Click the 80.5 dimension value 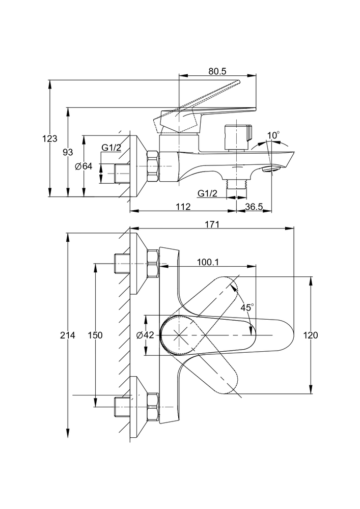(x=217, y=72)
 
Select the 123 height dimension (x=50, y=138)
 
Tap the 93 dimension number (x=67, y=152)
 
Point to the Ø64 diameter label (x=83, y=166)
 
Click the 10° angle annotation (x=273, y=135)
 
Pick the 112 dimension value (x=183, y=206)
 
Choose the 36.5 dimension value (x=254, y=206)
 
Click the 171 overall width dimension (x=212, y=224)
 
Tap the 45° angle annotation (x=247, y=308)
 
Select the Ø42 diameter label (x=146, y=335)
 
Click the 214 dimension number (x=67, y=335)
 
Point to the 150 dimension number (x=95, y=335)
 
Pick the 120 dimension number (x=311, y=335)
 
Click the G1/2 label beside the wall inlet (x=111, y=148)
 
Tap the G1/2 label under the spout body (x=208, y=193)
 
